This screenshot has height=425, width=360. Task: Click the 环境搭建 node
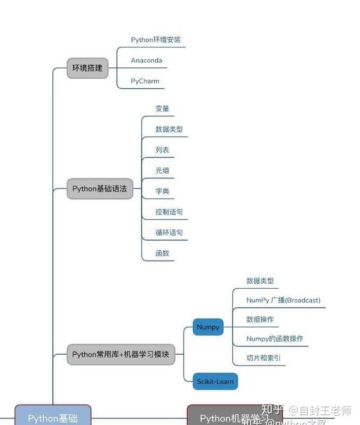click(88, 68)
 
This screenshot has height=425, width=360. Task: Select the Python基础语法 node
click(100, 188)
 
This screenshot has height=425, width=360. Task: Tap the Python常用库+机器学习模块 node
click(121, 354)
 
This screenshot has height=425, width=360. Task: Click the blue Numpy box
click(208, 327)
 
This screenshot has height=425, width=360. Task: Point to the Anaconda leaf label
click(146, 60)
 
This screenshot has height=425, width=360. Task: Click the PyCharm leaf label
click(145, 80)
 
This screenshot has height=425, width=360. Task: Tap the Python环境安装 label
click(155, 40)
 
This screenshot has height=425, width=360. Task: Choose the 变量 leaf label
click(162, 109)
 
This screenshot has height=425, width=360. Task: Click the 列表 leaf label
click(162, 149)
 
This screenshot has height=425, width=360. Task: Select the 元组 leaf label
click(162, 170)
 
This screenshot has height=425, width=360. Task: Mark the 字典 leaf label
click(162, 191)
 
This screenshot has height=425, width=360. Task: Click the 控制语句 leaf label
click(169, 212)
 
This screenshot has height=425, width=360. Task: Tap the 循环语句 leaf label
click(169, 232)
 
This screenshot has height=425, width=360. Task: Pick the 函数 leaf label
click(162, 253)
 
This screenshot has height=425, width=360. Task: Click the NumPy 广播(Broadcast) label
click(283, 300)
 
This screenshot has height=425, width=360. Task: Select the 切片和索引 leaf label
click(263, 358)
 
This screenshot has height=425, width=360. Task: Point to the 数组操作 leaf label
click(260, 319)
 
